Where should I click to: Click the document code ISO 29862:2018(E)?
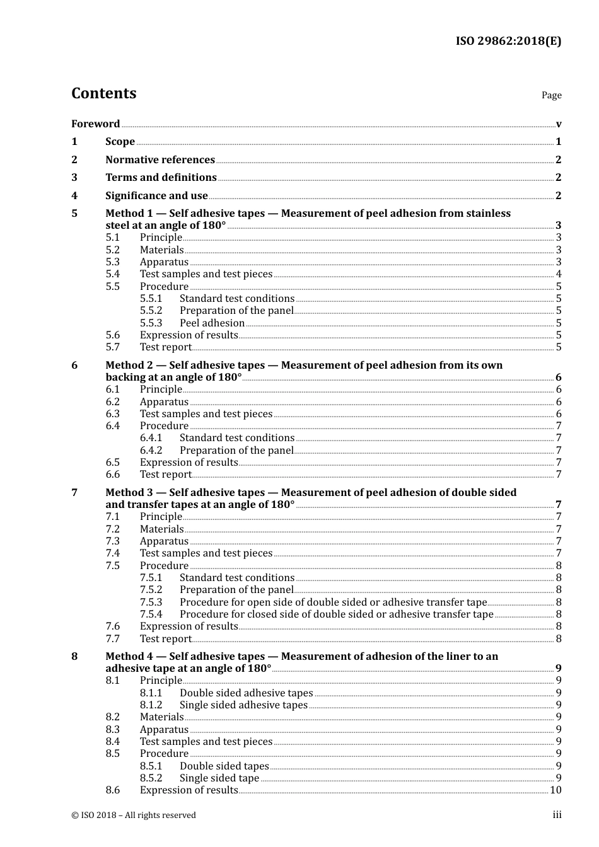pos(508,42)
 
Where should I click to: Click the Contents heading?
pos(103,93)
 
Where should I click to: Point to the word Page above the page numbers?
pos(551,95)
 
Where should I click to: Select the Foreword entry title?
pos(95,124)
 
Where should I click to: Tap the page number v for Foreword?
pos(559,124)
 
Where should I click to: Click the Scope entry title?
pos(120,142)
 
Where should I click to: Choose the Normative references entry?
pos(160,160)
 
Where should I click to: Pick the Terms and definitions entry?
pos(161,178)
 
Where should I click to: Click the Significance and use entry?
pos(156,196)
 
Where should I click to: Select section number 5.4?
pos(112,274)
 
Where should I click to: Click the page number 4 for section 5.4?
pos(559,274)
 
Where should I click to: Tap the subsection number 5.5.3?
pos(151,323)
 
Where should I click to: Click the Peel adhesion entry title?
pos(212,323)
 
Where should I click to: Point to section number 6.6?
pos(112,475)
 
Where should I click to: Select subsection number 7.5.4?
pos(151,614)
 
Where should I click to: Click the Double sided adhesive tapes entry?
pos(246,693)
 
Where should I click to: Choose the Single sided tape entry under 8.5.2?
pos(219,778)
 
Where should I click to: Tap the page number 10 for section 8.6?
pos(555,790)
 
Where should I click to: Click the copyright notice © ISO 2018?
pos(134,815)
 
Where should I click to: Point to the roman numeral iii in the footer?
pos(557,815)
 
